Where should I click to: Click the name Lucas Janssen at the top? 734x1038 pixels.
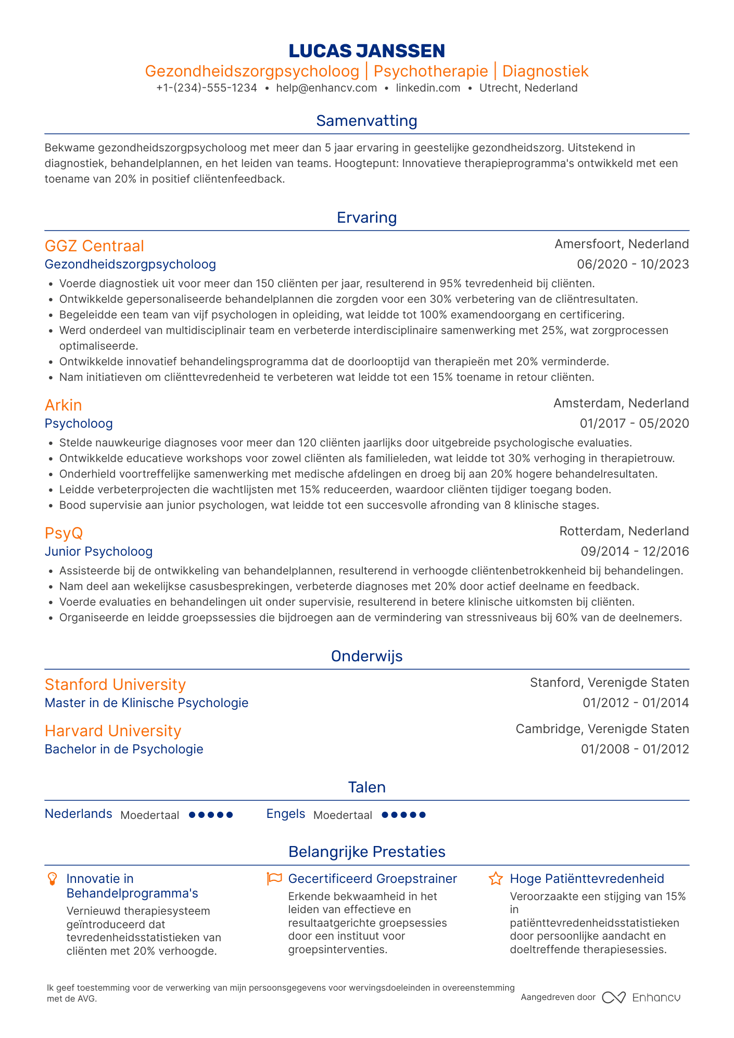(366, 51)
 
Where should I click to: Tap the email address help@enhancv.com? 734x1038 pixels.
(326, 88)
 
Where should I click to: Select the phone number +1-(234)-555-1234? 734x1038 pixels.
(207, 88)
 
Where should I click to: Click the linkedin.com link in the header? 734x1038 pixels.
(428, 88)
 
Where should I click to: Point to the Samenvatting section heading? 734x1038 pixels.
(366, 121)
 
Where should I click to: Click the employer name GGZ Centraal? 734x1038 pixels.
(94, 246)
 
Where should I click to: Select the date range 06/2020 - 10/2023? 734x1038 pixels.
(632, 264)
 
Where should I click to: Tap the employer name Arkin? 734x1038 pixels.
(63, 405)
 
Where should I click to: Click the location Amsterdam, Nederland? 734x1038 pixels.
(621, 403)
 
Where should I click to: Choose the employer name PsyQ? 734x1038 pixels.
(64, 533)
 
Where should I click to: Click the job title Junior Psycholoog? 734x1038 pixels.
(99, 552)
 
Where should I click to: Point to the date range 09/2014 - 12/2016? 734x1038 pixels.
(635, 552)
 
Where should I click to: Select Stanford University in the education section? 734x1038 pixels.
(115, 684)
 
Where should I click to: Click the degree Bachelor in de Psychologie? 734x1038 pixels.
(124, 749)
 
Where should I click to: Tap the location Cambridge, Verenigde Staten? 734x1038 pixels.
(602, 729)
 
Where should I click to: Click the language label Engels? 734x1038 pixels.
(286, 814)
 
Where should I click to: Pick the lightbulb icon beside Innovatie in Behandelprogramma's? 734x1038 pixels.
(52, 879)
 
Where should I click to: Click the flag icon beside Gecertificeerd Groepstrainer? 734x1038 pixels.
(274, 879)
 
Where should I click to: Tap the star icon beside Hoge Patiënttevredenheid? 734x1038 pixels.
(496, 879)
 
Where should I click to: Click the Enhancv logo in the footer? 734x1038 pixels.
(641, 997)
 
